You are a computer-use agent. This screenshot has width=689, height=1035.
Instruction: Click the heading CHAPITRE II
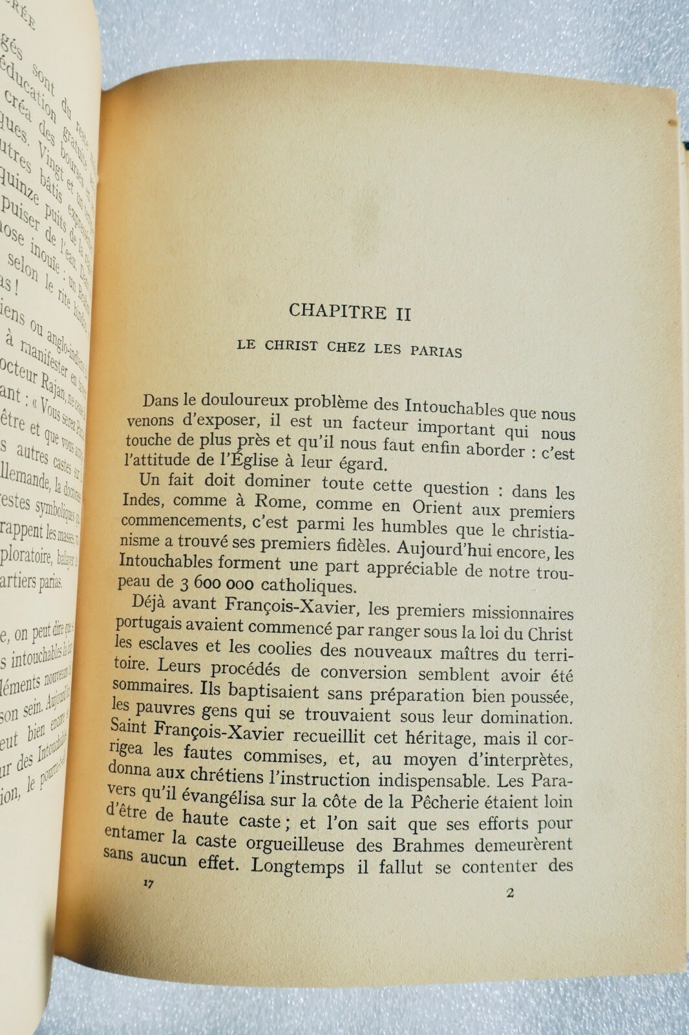(x=350, y=312)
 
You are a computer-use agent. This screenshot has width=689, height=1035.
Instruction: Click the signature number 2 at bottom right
(x=510, y=894)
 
